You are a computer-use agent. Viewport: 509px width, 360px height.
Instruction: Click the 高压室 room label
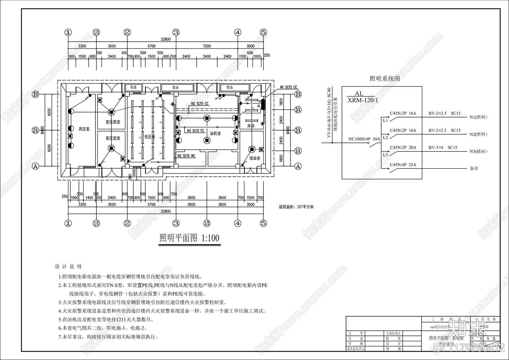(84, 129)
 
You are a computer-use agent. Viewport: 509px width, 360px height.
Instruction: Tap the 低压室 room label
(150, 137)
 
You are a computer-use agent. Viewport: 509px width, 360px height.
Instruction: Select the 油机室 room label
(215, 133)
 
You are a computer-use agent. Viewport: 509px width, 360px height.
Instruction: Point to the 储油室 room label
(254, 158)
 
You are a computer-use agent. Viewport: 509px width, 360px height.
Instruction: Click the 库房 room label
(251, 126)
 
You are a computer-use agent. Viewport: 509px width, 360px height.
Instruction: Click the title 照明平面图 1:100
(189, 238)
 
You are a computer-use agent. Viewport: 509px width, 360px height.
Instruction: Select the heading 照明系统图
(384, 79)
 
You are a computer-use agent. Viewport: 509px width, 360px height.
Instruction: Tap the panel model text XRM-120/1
(363, 100)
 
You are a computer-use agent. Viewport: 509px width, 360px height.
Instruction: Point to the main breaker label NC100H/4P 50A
(364, 139)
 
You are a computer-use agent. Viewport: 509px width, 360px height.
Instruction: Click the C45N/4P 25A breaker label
(403, 165)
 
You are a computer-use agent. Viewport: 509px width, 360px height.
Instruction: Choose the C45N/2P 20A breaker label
(403, 148)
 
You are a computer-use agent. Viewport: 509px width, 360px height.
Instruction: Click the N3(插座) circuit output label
(478, 152)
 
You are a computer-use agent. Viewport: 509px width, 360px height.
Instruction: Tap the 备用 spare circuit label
(474, 169)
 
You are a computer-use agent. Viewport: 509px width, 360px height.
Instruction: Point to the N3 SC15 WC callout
(186, 156)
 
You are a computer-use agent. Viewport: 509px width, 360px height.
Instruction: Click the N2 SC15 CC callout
(200, 103)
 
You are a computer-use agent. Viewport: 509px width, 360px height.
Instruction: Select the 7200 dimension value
(207, 46)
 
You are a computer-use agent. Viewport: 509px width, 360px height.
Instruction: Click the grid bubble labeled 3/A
(298, 110)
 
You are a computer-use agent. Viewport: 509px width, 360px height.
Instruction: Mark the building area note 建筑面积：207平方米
(296, 207)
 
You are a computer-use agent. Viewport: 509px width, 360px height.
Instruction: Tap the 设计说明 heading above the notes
(68, 266)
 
